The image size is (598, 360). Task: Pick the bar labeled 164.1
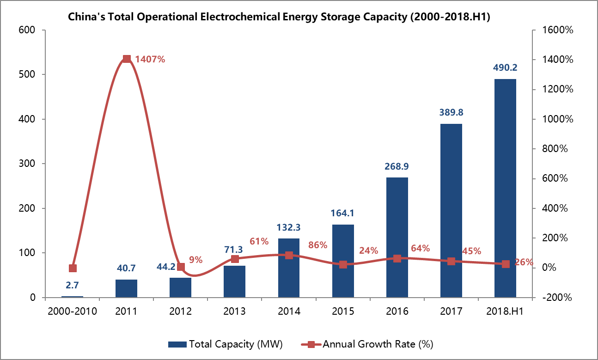tap(343, 261)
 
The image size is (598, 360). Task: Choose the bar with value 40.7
tap(126, 288)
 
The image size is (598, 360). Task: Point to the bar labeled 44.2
tap(180, 287)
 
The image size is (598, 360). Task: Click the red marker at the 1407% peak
tap(127, 59)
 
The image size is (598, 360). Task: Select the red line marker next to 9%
tap(181, 267)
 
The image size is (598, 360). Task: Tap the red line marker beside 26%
tap(506, 264)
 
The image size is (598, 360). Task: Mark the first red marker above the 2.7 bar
tap(73, 268)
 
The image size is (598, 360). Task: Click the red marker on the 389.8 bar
tap(451, 261)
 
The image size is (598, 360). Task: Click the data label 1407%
tap(150, 59)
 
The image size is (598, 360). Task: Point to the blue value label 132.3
tap(288, 227)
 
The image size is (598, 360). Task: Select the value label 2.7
tap(72, 285)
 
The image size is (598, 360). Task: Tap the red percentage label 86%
tap(317, 245)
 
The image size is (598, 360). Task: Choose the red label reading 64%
tap(420, 248)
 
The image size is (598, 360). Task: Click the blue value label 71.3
tap(234, 250)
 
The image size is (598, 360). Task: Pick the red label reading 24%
tap(368, 251)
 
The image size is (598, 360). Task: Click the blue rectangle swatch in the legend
tap(177, 344)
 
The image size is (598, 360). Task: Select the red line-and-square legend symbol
tap(311, 344)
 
